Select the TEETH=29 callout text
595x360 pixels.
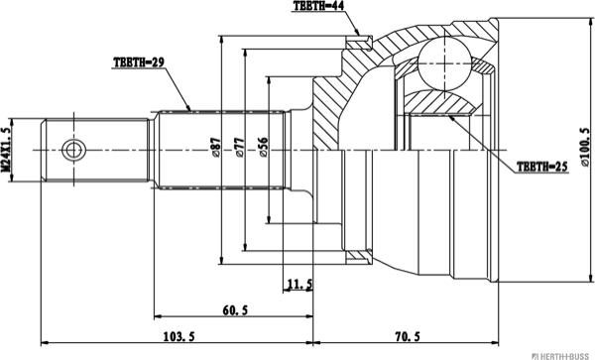click(139, 62)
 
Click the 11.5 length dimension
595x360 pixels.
click(298, 285)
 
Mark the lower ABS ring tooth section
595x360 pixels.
click(355, 258)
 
